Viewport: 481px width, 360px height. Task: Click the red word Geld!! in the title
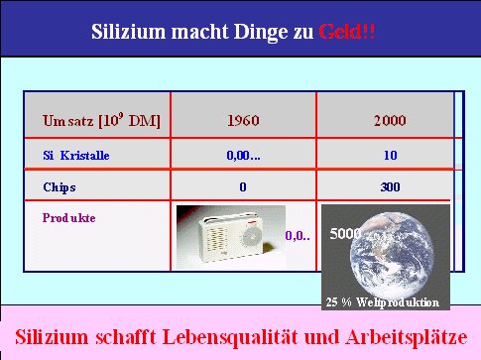(347, 31)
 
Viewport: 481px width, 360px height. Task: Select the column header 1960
(243, 122)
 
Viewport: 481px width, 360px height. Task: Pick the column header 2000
(390, 122)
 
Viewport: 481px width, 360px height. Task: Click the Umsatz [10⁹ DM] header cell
(101, 122)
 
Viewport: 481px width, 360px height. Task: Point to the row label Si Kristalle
(77, 155)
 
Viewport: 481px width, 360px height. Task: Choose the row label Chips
(60, 185)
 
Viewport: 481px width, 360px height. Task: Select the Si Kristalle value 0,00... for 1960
(242, 155)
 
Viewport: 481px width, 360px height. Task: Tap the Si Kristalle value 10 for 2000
(390, 155)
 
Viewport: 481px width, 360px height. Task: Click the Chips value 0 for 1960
(243, 185)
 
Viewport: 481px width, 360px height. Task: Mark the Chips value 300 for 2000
(390, 185)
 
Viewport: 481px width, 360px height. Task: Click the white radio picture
(226, 236)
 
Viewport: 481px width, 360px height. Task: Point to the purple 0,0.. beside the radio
(298, 236)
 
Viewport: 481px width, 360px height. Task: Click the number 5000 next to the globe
(345, 235)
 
